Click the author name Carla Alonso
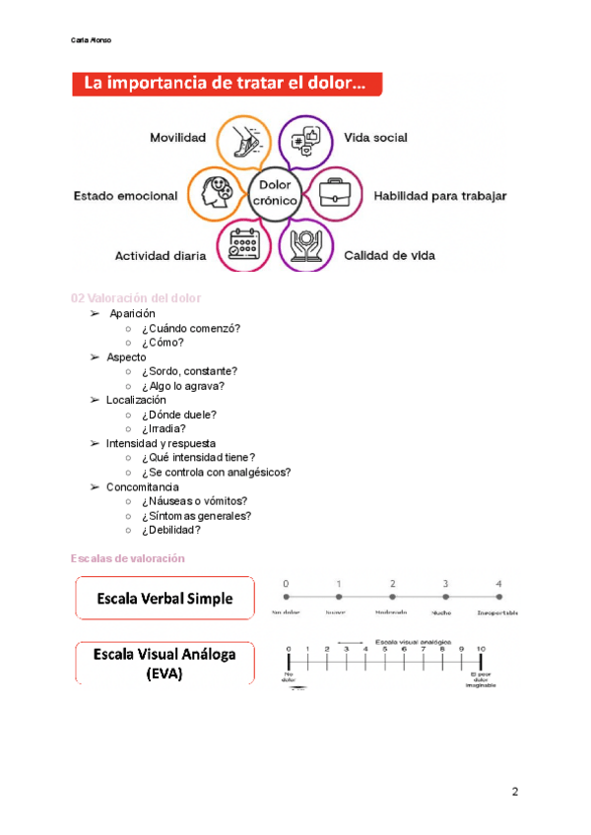pos(92,40)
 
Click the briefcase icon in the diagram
pos(334,194)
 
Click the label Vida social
pos(375,138)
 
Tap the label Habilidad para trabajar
pos(439,196)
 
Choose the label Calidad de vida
pos(389,256)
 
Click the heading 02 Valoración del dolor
pos(137,298)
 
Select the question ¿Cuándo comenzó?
pos(191,328)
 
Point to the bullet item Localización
pos(136,400)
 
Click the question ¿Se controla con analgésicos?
pos(216,473)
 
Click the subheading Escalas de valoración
pos(128,558)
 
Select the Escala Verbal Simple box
pos(164,599)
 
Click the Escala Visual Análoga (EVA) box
pos(164,663)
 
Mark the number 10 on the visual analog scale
pos(482,649)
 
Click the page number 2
pos(514,792)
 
